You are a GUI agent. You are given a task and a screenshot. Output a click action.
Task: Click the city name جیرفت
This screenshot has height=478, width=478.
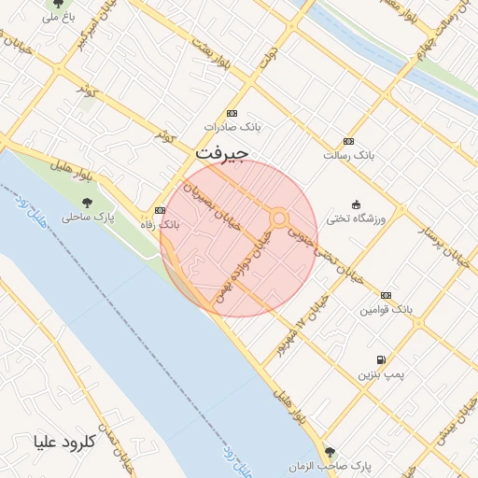(221, 152)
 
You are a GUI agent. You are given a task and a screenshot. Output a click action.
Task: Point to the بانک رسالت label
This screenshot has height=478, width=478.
(347, 155)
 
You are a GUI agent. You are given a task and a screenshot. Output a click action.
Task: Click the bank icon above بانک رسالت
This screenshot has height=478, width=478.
(348, 141)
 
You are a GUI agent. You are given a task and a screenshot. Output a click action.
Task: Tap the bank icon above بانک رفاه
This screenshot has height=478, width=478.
(160, 211)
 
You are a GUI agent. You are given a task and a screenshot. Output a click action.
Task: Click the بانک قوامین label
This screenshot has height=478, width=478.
(386, 308)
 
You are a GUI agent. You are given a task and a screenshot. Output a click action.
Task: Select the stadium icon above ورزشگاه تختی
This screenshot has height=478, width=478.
(355, 204)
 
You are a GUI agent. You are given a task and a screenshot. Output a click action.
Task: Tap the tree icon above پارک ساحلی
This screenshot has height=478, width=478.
(87, 202)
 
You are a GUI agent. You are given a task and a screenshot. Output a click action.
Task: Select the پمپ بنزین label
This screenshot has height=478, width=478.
(381, 374)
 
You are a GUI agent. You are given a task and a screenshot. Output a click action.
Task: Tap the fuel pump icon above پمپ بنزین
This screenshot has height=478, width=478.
(381, 360)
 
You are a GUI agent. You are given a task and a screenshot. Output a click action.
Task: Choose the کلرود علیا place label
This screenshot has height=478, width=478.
(64, 441)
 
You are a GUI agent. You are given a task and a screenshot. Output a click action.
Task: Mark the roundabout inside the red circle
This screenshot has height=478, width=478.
(279, 218)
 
